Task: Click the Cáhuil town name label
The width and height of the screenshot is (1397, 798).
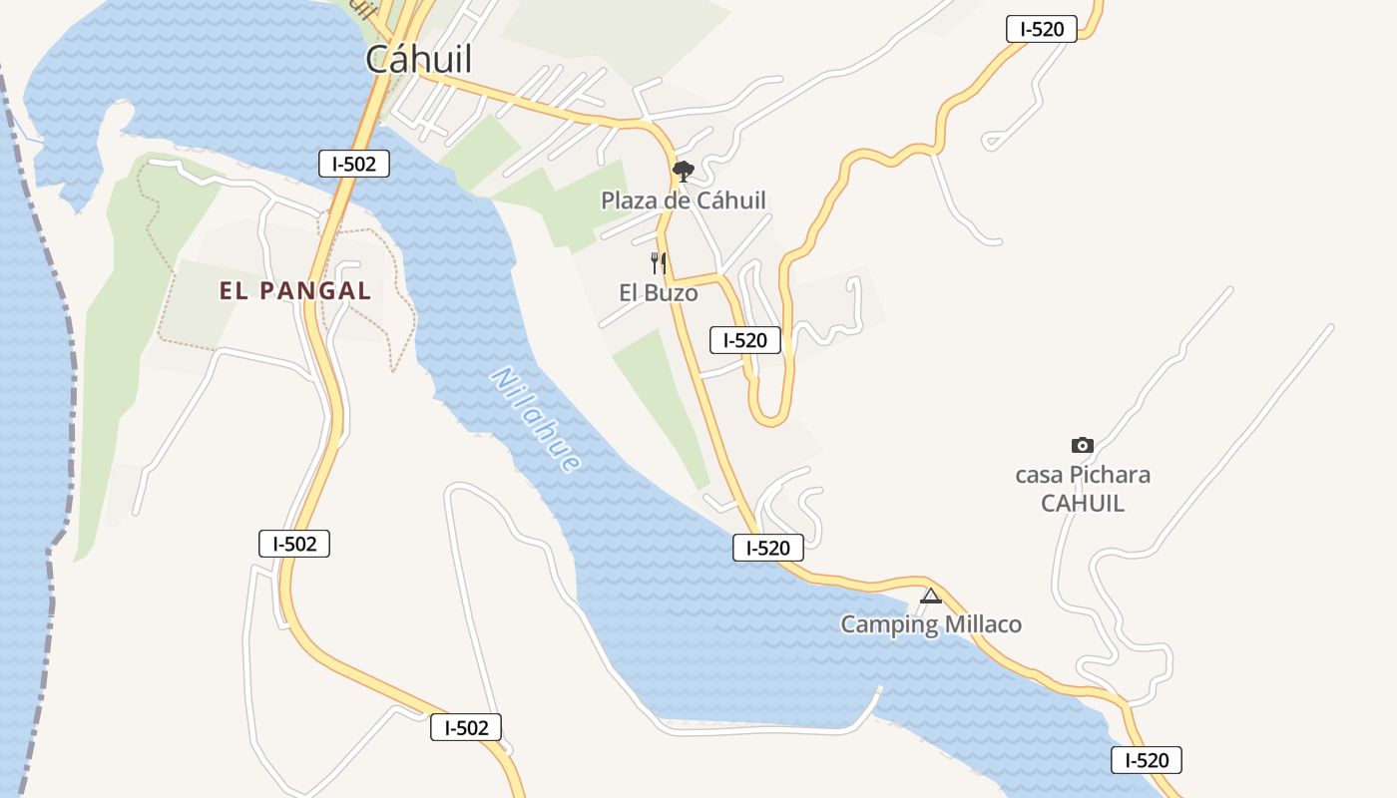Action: pyautogui.click(x=418, y=59)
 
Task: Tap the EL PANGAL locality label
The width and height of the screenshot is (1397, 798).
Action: pyautogui.click(x=295, y=291)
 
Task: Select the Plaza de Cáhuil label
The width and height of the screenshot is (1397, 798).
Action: pyautogui.click(x=684, y=200)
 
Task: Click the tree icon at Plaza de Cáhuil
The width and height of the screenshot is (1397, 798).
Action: pyautogui.click(x=683, y=172)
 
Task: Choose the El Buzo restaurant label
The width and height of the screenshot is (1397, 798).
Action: pyautogui.click(x=659, y=293)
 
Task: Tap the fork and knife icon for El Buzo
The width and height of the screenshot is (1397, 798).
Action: pyautogui.click(x=658, y=263)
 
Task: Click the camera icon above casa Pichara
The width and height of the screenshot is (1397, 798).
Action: pyautogui.click(x=1082, y=445)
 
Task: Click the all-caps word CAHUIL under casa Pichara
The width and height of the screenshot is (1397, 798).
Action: pyautogui.click(x=1083, y=503)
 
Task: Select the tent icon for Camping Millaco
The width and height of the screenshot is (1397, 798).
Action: pyautogui.click(x=930, y=597)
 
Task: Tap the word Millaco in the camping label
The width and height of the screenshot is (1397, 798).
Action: pyautogui.click(x=983, y=624)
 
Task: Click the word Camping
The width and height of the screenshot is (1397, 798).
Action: pyautogui.click(x=890, y=624)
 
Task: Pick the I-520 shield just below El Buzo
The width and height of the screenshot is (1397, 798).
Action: pyautogui.click(x=744, y=340)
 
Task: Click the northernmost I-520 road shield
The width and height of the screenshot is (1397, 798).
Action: pyautogui.click(x=1042, y=29)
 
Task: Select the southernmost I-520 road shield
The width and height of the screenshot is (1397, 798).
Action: pyautogui.click(x=1147, y=760)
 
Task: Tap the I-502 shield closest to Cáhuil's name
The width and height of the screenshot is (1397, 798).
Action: pyautogui.click(x=354, y=164)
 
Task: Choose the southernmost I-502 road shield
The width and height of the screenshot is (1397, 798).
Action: pyautogui.click(x=466, y=727)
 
